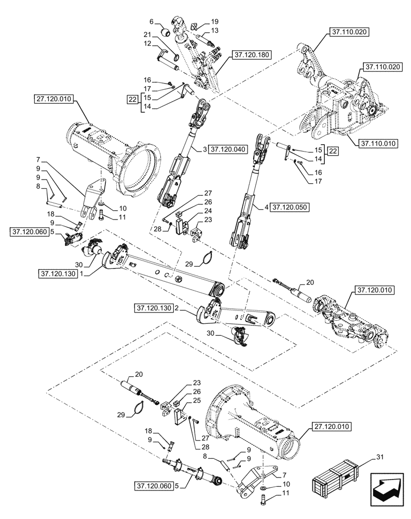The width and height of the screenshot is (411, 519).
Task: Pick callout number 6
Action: (152, 22)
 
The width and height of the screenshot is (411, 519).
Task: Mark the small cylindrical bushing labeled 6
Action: (167, 32)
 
